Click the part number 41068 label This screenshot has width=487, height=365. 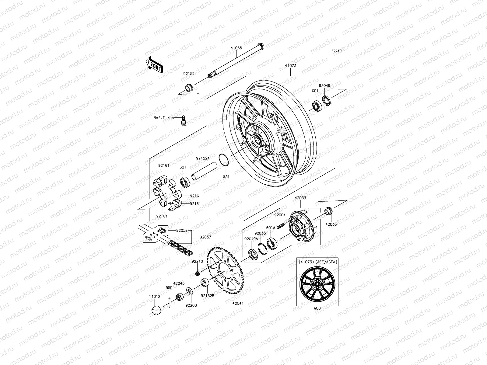[x=236, y=48]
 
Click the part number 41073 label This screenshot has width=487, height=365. [x=291, y=65]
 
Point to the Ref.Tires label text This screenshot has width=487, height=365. [x=163, y=118]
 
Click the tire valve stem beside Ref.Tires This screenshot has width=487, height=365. [x=183, y=120]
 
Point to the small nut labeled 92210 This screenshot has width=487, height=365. [x=197, y=273]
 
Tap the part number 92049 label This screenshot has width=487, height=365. [x=324, y=86]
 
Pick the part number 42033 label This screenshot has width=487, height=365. [x=300, y=198]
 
